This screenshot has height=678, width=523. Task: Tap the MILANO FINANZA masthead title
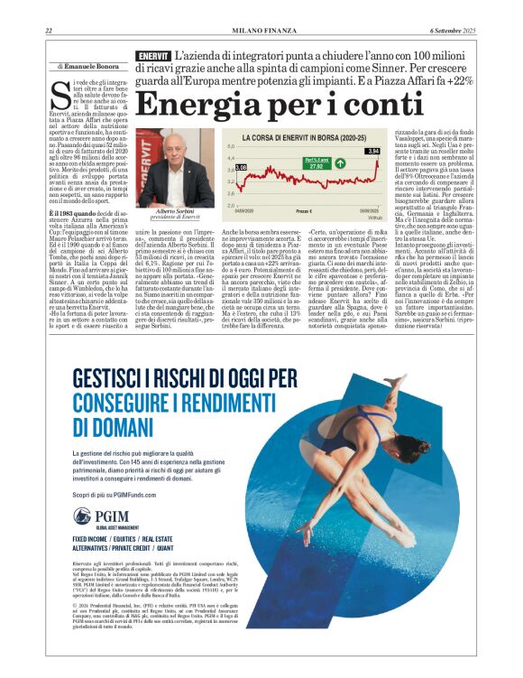coord(262,32)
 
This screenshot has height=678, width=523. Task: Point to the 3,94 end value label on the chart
coord(372,151)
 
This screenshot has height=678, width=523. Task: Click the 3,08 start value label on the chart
coord(241,168)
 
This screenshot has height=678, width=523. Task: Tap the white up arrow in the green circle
coord(338,163)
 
